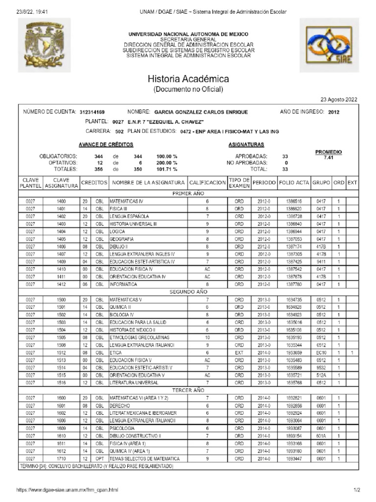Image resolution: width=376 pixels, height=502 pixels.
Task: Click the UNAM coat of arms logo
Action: [x=45, y=45]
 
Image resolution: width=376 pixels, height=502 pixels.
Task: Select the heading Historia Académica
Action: [x=188, y=79]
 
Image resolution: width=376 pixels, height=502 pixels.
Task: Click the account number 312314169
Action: [x=92, y=112]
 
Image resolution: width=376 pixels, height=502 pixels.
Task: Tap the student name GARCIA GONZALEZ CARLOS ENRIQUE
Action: [x=201, y=112]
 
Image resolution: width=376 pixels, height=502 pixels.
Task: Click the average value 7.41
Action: [x=328, y=158]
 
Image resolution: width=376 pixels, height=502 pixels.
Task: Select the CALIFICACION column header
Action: [x=207, y=182]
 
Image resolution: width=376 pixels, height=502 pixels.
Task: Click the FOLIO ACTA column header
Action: [x=294, y=182]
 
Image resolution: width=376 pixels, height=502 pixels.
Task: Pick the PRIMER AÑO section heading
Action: [x=188, y=194]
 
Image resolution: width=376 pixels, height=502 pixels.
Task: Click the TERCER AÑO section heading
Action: [x=188, y=390]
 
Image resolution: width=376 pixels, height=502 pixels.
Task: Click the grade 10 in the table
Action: [x=207, y=338]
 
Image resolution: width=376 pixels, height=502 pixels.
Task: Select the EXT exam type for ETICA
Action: [x=239, y=352]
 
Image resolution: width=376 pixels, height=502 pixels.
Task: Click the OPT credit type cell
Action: [x=99, y=458]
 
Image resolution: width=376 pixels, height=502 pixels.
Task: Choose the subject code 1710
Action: [x=61, y=458]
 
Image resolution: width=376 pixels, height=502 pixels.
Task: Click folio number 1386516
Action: [x=294, y=201]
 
